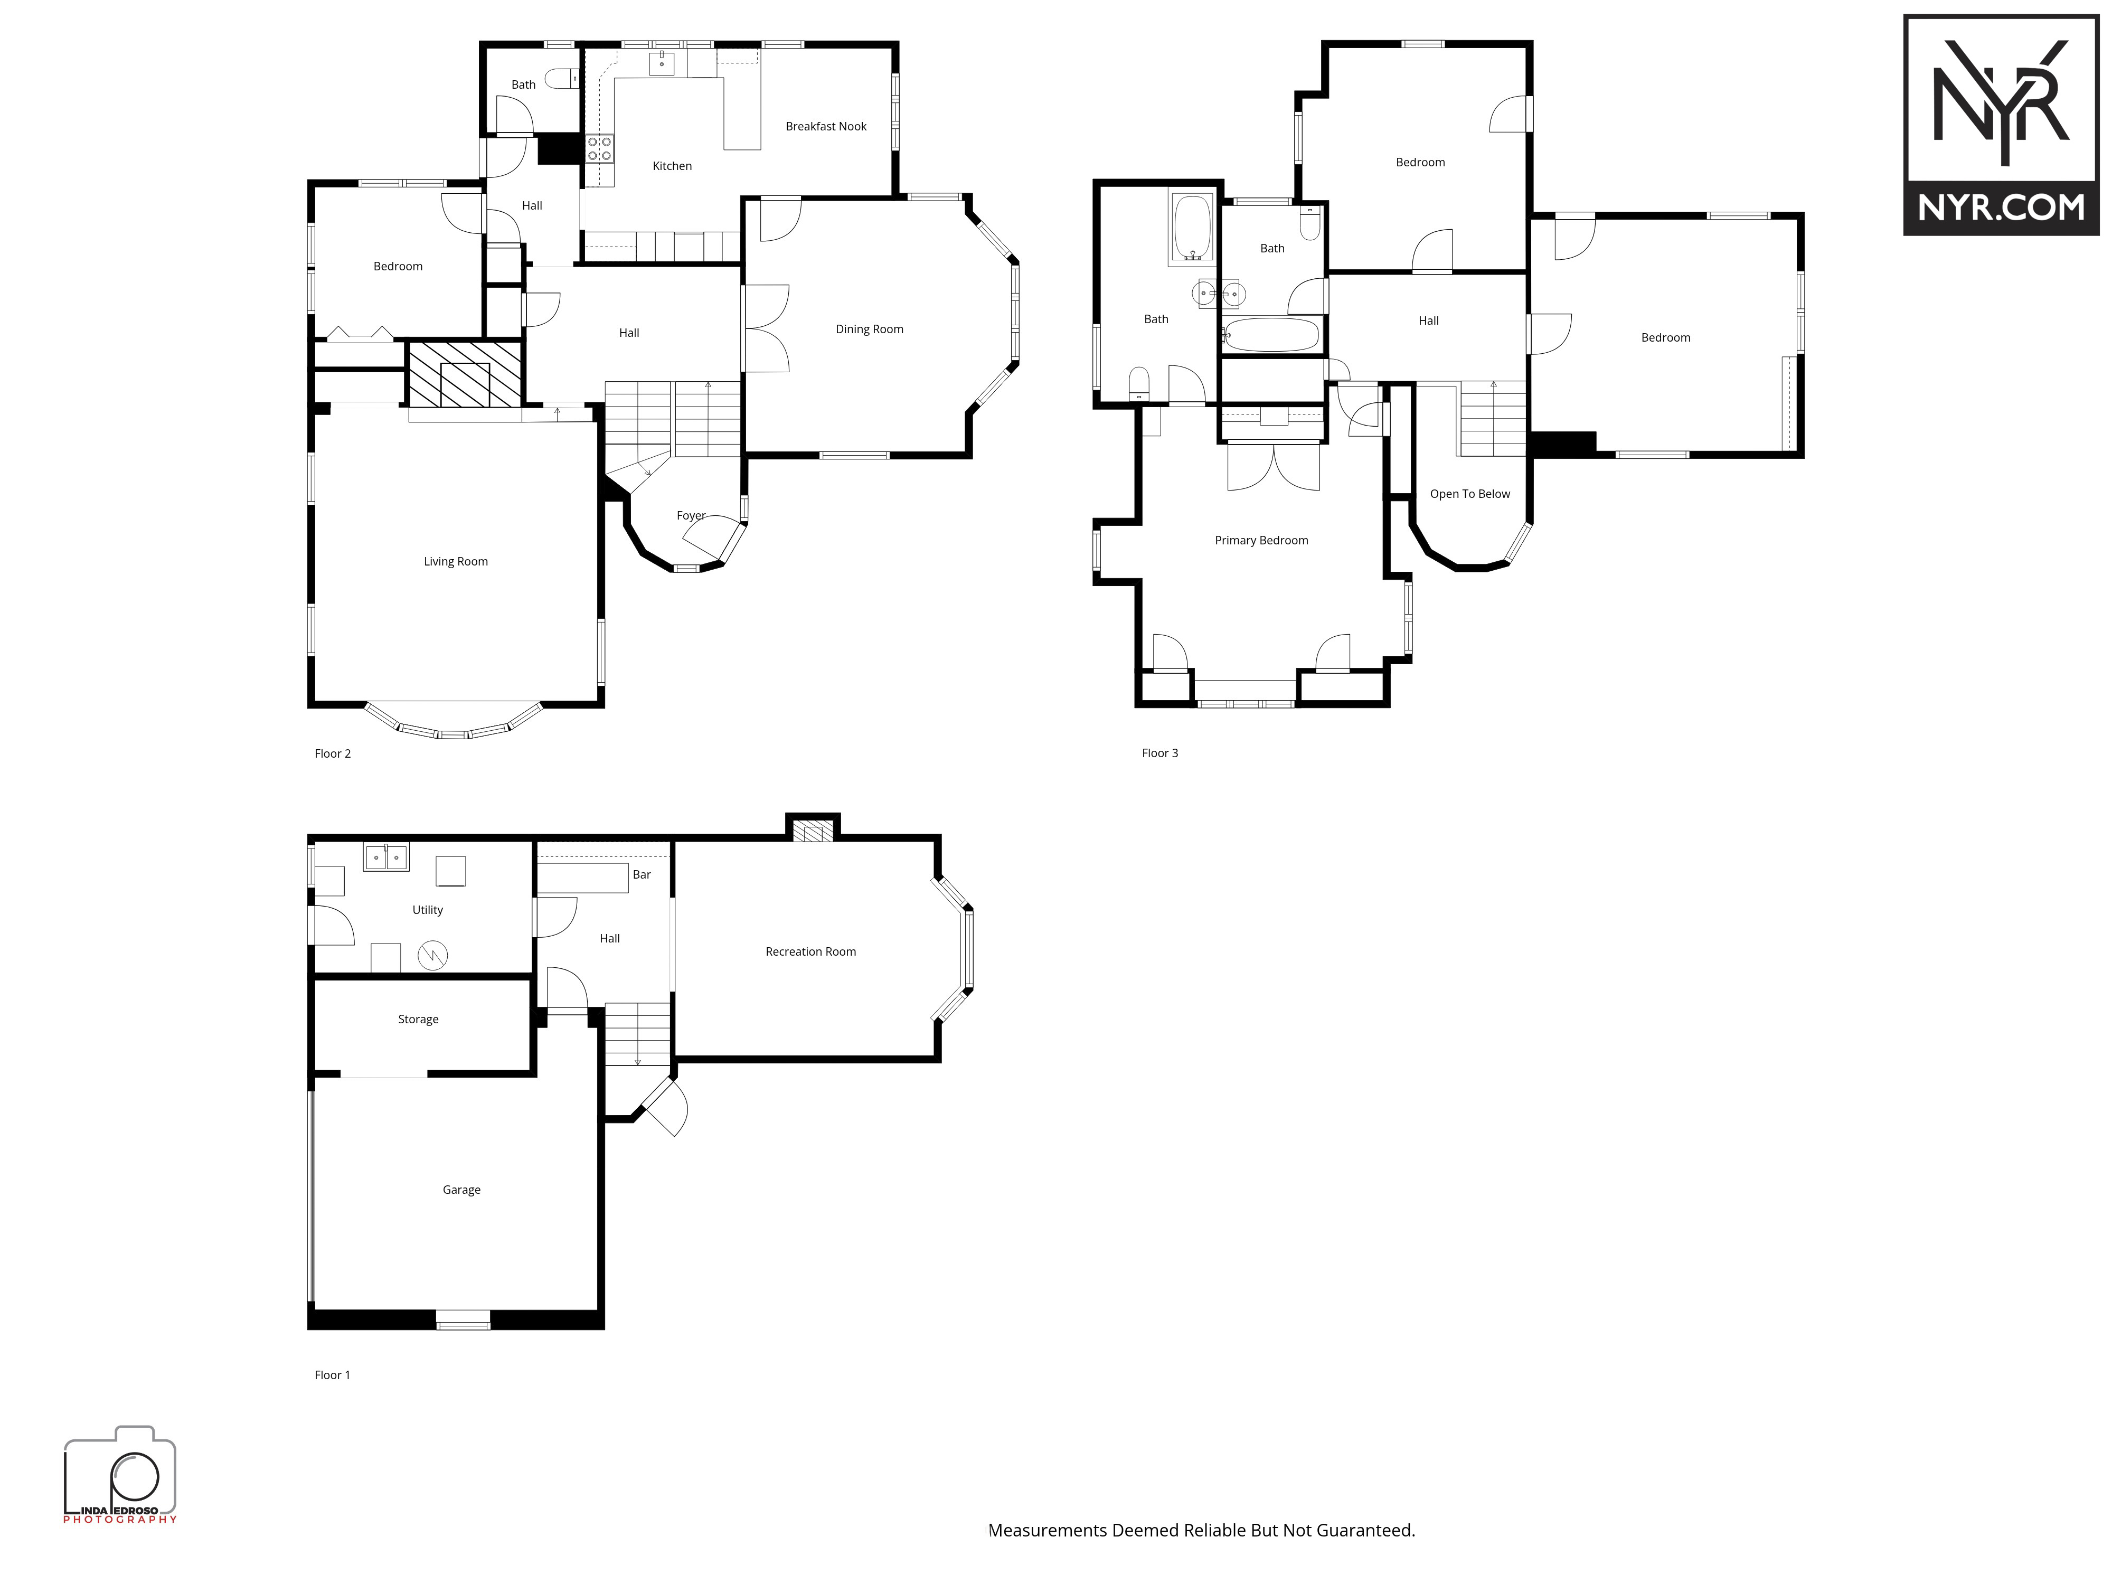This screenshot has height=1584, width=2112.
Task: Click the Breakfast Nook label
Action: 826,126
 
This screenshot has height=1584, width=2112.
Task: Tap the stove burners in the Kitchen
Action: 600,148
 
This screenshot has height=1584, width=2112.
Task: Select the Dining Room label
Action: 869,329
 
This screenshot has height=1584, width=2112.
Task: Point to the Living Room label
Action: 456,561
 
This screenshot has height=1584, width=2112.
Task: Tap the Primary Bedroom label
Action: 1261,541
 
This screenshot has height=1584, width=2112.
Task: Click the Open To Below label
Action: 1469,494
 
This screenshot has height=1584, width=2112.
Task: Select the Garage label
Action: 461,1190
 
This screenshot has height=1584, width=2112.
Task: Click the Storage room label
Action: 418,1020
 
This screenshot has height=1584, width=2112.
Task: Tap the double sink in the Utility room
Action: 386,857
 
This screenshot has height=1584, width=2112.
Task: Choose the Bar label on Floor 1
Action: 642,874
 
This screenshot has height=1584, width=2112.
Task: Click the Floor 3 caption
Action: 1160,753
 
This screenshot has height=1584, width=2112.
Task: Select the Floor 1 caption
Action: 332,1375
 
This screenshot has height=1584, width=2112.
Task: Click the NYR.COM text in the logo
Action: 2001,207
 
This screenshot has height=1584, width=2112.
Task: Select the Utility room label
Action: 428,910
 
